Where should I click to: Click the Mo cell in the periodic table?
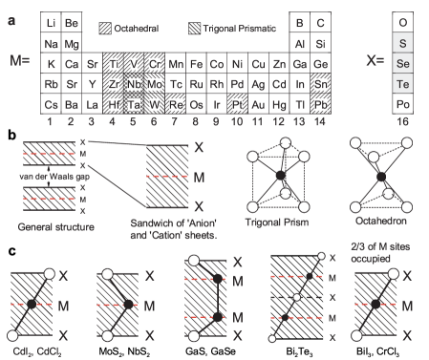click(x=154, y=85)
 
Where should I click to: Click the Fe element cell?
click(x=195, y=64)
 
